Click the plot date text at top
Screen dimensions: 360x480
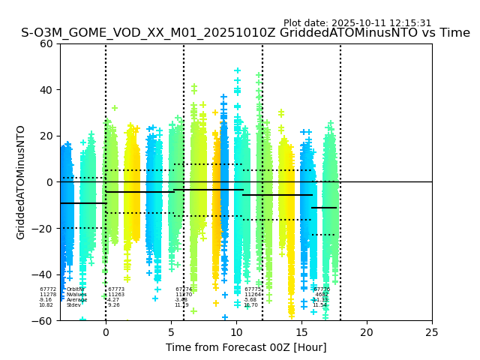coord(357,23)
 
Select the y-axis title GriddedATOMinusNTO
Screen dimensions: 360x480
coord(21,182)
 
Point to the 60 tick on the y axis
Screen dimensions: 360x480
coord(46,43)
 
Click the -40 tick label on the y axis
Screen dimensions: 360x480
coord(43,274)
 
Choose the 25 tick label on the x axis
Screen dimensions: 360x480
coord(432,331)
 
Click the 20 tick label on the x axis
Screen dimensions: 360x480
coord(367,331)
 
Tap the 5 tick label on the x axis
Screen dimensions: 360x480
coord(171,331)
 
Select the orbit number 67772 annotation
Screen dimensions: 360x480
coord(48,289)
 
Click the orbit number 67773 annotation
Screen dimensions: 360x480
coord(116,289)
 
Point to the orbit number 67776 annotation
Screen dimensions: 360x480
coord(322,289)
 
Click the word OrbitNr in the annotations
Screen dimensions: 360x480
coord(76,289)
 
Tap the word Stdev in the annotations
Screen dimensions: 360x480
coord(73,305)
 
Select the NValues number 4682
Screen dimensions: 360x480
coord(322,295)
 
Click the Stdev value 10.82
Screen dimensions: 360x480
coord(46,305)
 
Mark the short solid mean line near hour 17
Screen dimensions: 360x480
coord(324,208)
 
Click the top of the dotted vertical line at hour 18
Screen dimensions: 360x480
coord(340,45)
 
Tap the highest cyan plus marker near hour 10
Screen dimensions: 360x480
coord(237,71)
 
